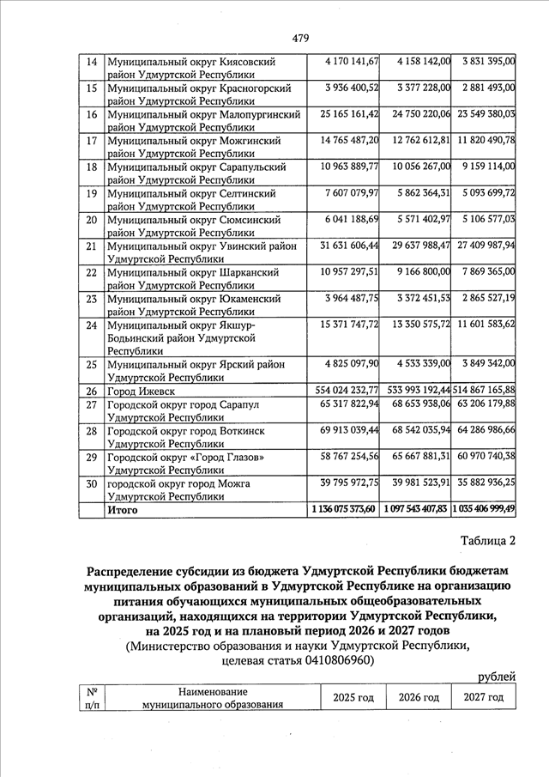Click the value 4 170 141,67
(353, 63)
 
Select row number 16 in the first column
(90, 114)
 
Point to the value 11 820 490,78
(486, 139)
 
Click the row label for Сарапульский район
(195, 173)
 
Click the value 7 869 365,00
(486, 270)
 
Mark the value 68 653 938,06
(420, 404)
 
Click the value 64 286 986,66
(486, 429)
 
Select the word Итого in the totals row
(122, 511)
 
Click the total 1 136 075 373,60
(344, 510)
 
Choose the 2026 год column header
(419, 697)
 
